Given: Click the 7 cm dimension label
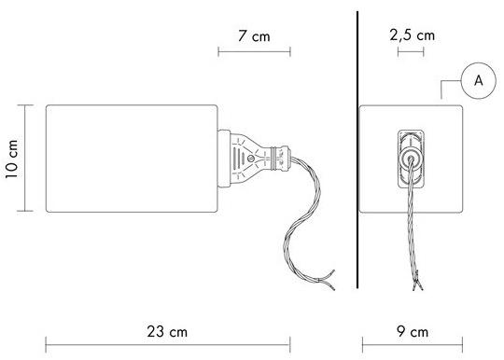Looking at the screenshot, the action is [x=254, y=36].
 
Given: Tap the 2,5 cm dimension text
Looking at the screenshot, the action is [x=413, y=35].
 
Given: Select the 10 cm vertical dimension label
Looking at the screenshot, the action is [x=11, y=159].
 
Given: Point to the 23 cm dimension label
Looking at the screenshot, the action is [x=167, y=331].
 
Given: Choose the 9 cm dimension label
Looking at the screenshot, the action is [x=413, y=331].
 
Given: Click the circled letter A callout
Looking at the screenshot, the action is [x=478, y=80].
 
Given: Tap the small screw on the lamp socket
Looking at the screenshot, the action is [x=251, y=159].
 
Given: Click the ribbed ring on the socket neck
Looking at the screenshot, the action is [x=273, y=158].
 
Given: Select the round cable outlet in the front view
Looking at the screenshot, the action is [x=411, y=159].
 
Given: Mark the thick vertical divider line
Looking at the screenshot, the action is [x=357, y=149].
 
